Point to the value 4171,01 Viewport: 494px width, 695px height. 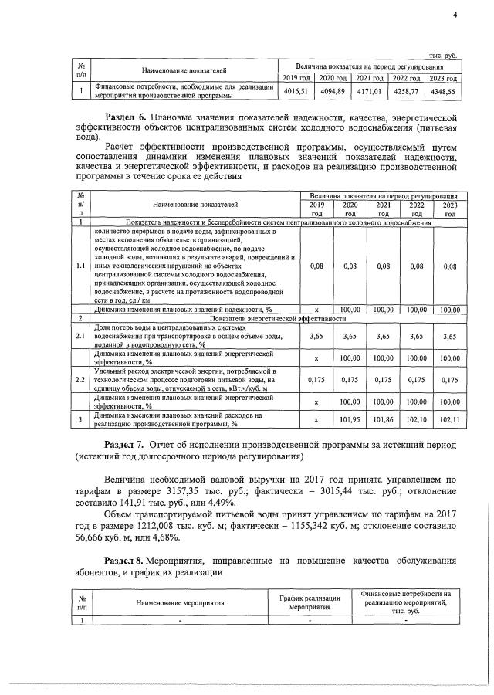click(369, 91)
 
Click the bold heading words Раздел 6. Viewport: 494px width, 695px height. click(125, 117)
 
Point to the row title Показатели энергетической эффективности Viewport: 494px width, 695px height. click(278, 317)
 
